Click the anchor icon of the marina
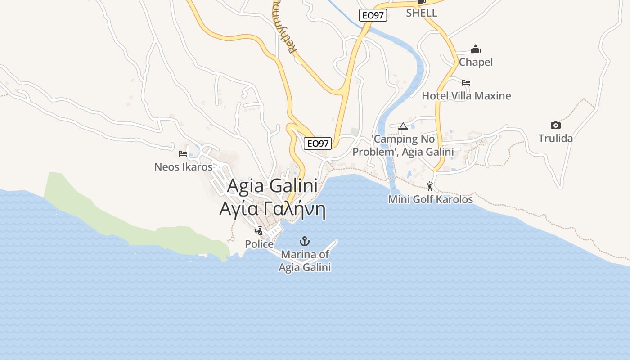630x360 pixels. tap(305, 241)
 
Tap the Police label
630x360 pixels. tap(259, 244)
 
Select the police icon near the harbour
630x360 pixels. tap(259, 231)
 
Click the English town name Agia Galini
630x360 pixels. tap(272, 186)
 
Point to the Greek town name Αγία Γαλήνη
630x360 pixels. tap(272, 209)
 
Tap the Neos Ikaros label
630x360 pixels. tap(183, 167)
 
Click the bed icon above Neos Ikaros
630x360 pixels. tap(183, 154)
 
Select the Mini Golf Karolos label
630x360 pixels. tap(431, 199)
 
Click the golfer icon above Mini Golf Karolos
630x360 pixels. tap(430, 186)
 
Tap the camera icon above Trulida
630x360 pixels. tap(556, 126)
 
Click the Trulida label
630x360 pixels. tap(556, 138)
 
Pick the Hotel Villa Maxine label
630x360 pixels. tap(466, 96)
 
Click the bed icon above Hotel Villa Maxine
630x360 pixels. tap(466, 83)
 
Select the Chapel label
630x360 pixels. tap(476, 62)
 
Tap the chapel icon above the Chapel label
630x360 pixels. tap(476, 49)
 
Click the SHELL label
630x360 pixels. tap(422, 13)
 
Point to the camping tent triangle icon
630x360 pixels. tap(403, 126)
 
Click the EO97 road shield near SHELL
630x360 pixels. tap(373, 15)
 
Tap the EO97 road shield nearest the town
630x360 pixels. tap(318, 144)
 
